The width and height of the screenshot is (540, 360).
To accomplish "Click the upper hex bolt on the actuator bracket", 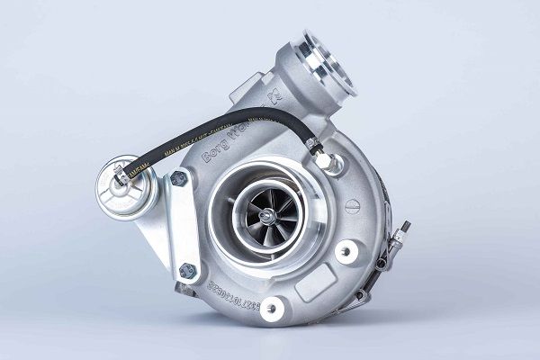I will (x=178, y=179).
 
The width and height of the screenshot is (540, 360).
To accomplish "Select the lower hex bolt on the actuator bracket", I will (x=187, y=270).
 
